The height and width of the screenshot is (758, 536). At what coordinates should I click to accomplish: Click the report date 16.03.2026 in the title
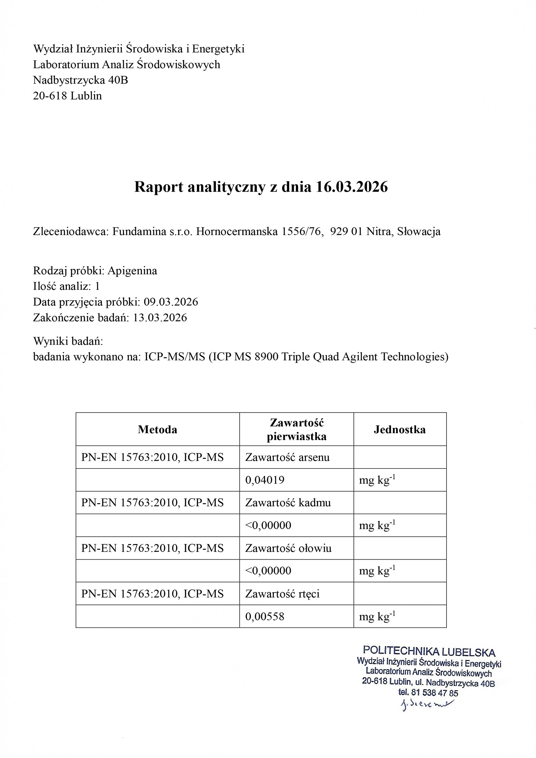pyautogui.click(x=352, y=187)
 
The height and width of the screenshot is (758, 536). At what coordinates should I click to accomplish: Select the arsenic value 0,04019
pyautogui.click(x=265, y=480)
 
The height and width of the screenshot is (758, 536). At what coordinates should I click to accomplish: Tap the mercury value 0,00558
pyautogui.click(x=265, y=616)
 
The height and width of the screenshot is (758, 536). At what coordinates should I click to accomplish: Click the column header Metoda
pyautogui.click(x=157, y=430)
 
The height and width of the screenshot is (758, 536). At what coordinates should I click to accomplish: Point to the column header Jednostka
pyautogui.click(x=399, y=430)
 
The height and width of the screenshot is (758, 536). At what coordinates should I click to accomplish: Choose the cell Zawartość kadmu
pyautogui.click(x=288, y=503)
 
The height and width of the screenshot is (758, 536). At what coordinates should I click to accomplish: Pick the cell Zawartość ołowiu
pyautogui.click(x=288, y=548)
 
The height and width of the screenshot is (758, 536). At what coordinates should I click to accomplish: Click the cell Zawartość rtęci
pyautogui.click(x=282, y=594)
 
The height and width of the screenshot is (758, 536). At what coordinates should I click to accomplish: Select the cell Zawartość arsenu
pyautogui.click(x=287, y=457)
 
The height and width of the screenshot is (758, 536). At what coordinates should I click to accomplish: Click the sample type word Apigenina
pyautogui.click(x=132, y=271)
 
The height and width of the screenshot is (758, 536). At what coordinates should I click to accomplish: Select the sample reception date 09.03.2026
pyautogui.click(x=171, y=302)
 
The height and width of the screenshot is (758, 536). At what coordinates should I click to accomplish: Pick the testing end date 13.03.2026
pyautogui.click(x=160, y=318)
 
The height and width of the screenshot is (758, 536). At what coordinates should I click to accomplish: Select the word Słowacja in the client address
pyautogui.click(x=418, y=231)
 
